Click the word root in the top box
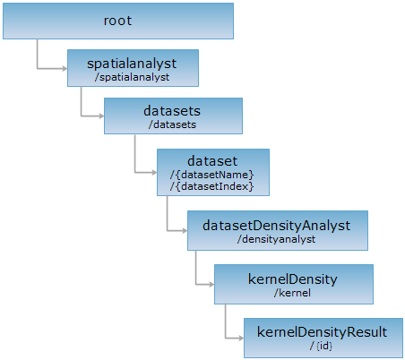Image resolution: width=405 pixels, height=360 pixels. (x=117, y=21)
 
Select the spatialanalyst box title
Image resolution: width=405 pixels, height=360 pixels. (x=132, y=64)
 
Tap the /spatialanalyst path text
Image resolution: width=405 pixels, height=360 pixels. (x=132, y=77)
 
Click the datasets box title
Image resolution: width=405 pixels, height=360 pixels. (x=172, y=111)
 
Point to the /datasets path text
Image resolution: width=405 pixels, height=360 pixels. (x=172, y=124)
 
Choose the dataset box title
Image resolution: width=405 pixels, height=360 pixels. (x=212, y=161)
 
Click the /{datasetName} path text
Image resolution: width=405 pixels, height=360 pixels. (x=212, y=175)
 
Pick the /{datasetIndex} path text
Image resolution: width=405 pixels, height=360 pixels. (x=212, y=186)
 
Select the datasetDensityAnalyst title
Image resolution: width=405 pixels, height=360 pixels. (x=277, y=226)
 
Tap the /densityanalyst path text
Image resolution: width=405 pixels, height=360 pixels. (x=276, y=239)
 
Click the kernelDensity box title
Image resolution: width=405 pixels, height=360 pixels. (x=293, y=279)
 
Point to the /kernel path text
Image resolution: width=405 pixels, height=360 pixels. (x=292, y=293)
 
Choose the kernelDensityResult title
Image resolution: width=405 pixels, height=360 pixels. (x=322, y=332)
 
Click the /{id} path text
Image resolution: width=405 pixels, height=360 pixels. (x=322, y=346)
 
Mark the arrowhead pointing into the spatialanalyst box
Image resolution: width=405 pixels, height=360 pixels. (x=65, y=69)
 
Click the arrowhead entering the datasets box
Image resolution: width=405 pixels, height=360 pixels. (x=101, y=116)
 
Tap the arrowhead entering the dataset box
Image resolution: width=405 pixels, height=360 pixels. (x=154, y=172)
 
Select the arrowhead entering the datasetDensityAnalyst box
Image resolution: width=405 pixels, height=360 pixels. (x=185, y=230)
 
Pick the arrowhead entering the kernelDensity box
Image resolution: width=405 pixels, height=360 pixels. (x=211, y=284)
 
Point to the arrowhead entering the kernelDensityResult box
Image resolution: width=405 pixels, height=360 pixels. (x=241, y=338)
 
